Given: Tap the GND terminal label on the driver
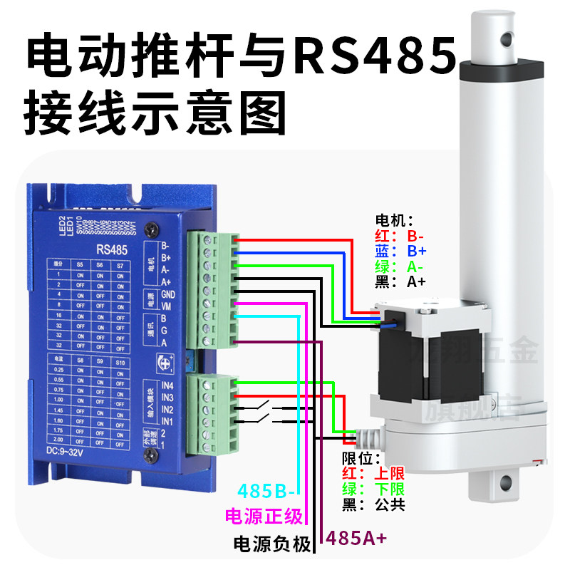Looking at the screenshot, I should pyautogui.click(x=169, y=294).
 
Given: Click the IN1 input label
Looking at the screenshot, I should pyautogui.click(x=168, y=422).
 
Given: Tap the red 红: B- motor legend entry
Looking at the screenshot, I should pyautogui.click(x=400, y=236).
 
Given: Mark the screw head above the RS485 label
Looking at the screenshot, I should pyautogui.click(x=151, y=229).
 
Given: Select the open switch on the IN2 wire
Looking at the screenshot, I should pyautogui.click(x=259, y=409).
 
